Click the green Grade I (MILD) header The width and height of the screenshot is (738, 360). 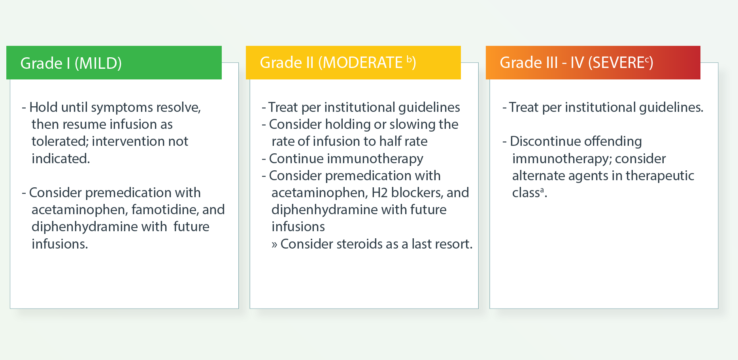coord(114,62)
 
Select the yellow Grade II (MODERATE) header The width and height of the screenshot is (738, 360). coord(353,62)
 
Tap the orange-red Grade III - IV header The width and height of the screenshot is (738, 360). coord(593,62)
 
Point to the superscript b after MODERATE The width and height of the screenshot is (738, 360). coord(409,60)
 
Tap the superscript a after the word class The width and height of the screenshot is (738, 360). coord(542,190)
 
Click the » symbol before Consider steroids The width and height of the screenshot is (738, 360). coord(274,245)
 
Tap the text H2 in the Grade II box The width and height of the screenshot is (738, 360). coord(379,192)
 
